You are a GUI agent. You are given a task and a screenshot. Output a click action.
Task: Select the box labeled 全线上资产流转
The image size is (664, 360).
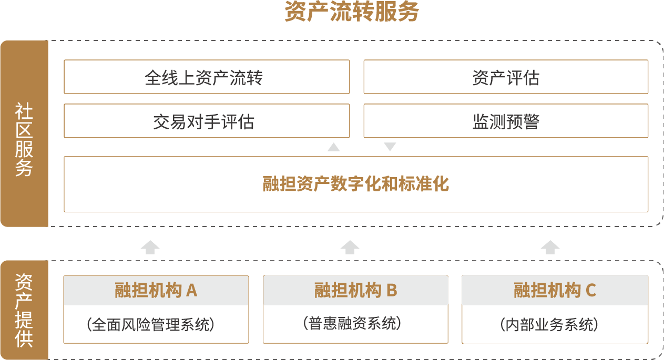pyautogui.click(x=207, y=77)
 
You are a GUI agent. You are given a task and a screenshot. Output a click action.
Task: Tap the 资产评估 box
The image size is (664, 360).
pyautogui.click(x=506, y=77)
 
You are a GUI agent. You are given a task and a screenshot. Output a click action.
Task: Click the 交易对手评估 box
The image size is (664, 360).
pyautogui.click(x=207, y=121)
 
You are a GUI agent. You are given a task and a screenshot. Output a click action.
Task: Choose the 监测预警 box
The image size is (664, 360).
pyautogui.click(x=506, y=121)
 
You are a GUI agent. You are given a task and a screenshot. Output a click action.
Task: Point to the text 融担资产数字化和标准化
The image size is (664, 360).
pyautogui.click(x=356, y=184)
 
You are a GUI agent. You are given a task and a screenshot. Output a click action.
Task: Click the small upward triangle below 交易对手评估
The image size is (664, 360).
pyautogui.click(x=333, y=147)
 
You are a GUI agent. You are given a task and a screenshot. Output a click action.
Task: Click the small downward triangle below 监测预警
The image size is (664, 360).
pyautogui.click(x=390, y=147)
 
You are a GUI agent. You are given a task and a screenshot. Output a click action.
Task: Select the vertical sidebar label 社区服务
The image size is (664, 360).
pyautogui.click(x=24, y=139)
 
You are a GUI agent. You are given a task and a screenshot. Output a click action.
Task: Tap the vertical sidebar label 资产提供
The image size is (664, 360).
pyautogui.click(x=24, y=310)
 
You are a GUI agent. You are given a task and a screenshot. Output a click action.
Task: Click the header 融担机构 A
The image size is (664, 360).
pyautogui.click(x=156, y=290)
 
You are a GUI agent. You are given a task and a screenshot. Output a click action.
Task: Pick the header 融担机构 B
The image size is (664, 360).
pyautogui.click(x=355, y=290)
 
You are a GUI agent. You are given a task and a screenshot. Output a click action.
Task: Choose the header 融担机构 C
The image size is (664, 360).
pyautogui.click(x=555, y=290)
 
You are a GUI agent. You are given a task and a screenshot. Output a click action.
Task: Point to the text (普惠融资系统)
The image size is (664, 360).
pyautogui.click(x=352, y=323)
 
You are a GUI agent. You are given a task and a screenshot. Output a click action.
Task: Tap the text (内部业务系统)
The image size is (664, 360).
pyautogui.click(x=549, y=324)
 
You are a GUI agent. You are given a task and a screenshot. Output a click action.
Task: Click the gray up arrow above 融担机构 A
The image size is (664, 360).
pyautogui.click(x=150, y=247)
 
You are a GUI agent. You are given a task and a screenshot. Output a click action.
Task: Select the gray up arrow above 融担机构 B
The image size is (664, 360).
pyautogui.click(x=350, y=247)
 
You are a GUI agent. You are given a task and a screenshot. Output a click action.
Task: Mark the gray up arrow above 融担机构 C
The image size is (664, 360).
pyautogui.click(x=550, y=247)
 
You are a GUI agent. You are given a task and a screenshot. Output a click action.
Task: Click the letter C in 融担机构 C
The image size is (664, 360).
pyautogui.click(x=590, y=290)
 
